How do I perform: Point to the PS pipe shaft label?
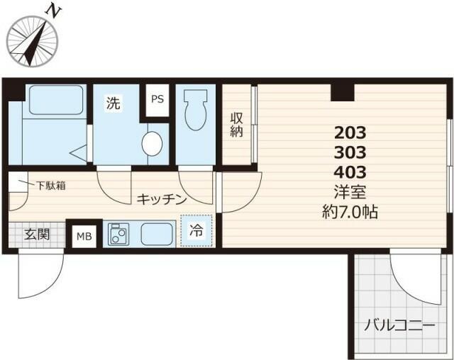(157, 99)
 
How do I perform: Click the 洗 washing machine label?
(113, 103)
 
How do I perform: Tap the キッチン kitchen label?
(162, 199)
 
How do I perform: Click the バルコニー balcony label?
(400, 326)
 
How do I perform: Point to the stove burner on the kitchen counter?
(118, 234)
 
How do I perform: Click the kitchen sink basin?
(157, 233)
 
